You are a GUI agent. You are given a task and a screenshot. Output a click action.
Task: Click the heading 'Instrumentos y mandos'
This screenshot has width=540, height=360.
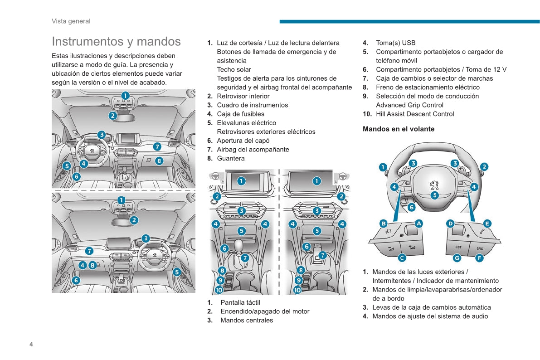(116, 41)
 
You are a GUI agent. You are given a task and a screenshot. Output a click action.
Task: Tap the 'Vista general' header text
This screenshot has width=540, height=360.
(71, 21)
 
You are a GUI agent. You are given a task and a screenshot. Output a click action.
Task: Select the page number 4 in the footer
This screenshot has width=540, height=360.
(31, 344)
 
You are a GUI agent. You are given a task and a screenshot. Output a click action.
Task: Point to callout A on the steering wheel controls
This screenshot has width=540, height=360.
(418, 224)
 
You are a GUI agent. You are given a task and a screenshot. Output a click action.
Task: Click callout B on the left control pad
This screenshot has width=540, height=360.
(384, 224)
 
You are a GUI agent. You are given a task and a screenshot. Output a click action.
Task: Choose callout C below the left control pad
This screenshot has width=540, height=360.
(402, 258)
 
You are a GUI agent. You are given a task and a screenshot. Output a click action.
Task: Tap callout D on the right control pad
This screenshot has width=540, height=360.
(450, 224)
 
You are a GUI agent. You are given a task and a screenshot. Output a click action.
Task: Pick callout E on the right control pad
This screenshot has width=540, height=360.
(487, 224)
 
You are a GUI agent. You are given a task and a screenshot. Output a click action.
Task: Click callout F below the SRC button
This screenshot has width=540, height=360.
(479, 258)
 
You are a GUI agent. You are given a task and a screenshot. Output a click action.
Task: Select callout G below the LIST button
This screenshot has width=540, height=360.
(457, 258)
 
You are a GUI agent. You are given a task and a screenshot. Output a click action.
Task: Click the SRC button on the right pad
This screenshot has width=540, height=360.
(480, 248)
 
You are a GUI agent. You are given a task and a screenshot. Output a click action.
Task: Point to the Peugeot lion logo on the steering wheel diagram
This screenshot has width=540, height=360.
(434, 185)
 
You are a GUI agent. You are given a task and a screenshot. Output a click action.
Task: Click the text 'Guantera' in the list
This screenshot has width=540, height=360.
(231, 158)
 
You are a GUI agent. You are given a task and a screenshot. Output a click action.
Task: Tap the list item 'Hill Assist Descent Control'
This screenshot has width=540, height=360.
(415, 114)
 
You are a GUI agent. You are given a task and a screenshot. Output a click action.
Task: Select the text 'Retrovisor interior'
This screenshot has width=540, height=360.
(243, 96)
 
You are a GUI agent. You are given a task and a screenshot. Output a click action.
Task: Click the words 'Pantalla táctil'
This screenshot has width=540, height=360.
(240, 302)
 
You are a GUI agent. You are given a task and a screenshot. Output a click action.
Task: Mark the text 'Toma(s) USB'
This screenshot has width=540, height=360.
(395, 43)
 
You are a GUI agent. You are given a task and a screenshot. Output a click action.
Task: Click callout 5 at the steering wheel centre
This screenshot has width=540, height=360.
(434, 195)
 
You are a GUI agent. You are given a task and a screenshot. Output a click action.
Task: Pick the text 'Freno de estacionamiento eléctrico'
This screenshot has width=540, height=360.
(428, 87)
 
